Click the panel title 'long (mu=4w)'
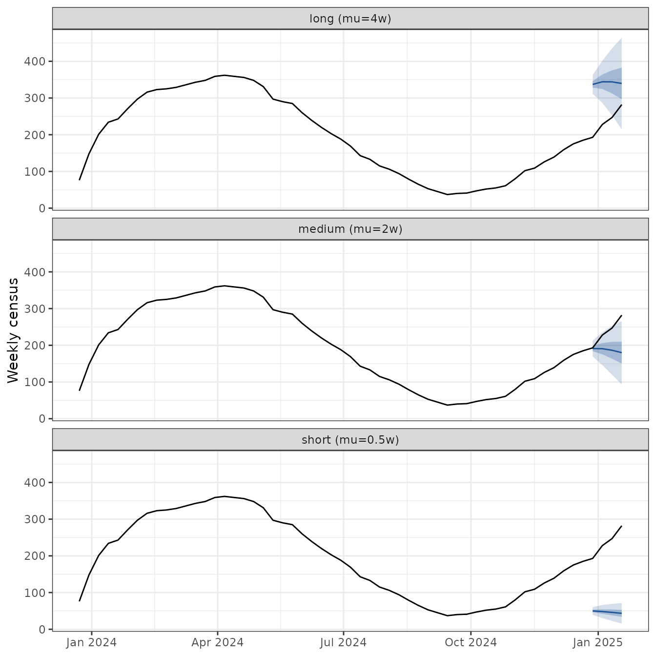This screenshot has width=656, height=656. (350, 19)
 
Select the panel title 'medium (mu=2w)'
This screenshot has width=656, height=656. (350, 229)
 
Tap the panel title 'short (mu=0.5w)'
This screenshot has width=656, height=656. (350, 440)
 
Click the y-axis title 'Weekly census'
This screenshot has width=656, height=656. (13, 330)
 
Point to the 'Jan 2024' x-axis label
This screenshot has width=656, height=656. (92, 642)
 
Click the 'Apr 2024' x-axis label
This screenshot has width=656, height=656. (218, 642)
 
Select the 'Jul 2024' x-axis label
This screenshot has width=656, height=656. (344, 642)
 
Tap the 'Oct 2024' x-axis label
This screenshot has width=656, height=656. (471, 642)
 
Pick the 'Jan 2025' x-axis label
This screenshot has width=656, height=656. (598, 642)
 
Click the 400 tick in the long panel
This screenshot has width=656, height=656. (35, 61)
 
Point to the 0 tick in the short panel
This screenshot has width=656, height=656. (42, 630)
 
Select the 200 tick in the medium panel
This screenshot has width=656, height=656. (35, 345)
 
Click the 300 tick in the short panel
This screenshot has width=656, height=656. (35, 519)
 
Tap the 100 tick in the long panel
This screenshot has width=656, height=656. (35, 172)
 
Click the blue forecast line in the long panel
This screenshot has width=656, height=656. (607, 82)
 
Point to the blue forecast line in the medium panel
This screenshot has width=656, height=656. (607, 349)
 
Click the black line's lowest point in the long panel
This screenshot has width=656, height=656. (447, 194)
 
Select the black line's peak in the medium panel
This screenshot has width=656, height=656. (225, 286)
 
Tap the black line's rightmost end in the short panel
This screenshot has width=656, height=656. (622, 526)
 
